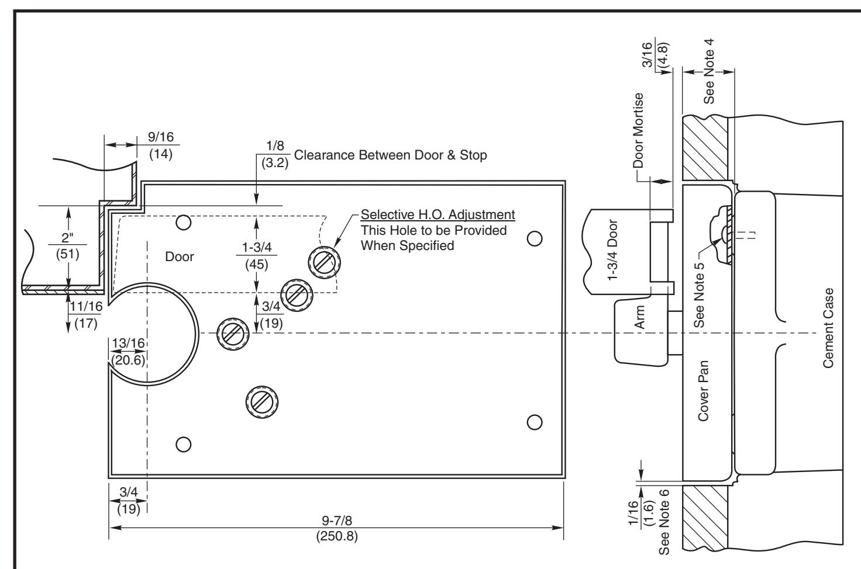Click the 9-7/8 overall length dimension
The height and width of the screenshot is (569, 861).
coord(337,528)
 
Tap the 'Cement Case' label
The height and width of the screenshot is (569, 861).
coord(828,328)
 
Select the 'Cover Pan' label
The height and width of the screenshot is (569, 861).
coord(703,390)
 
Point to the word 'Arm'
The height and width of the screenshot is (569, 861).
coord(639,317)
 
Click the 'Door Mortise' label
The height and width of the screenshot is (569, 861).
coord(638,130)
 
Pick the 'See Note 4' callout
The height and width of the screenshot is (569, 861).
coord(709,71)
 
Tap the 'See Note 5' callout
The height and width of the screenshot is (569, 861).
coord(699,295)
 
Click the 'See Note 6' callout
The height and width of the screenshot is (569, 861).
coord(664,522)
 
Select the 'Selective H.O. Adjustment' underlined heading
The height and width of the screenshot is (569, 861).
coord(438,214)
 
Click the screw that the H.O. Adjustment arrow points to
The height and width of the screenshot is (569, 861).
coord(325,263)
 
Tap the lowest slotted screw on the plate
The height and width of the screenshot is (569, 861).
coord(262,402)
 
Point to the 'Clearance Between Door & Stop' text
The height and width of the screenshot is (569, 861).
coord(391,155)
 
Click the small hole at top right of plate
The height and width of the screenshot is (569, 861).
coord(535,239)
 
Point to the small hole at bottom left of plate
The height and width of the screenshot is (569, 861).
coord(183,444)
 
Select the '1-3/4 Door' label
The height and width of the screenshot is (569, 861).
coord(612,250)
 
